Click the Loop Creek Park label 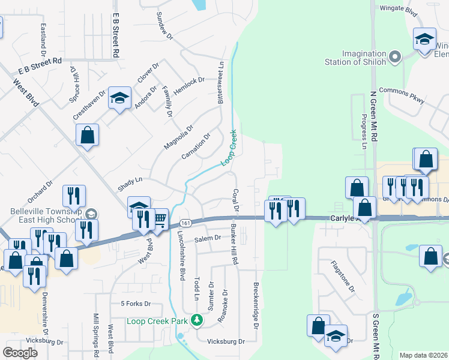(157, 321)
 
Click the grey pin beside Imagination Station (394, 58)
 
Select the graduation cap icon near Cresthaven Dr (119, 98)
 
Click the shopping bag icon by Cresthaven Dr (88, 136)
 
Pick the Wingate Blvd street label (399, 9)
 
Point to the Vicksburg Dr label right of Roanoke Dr (226, 341)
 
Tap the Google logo (20, 352)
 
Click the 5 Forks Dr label (137, 304)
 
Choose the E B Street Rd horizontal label (40, 65)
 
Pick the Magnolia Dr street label (179, 137)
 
